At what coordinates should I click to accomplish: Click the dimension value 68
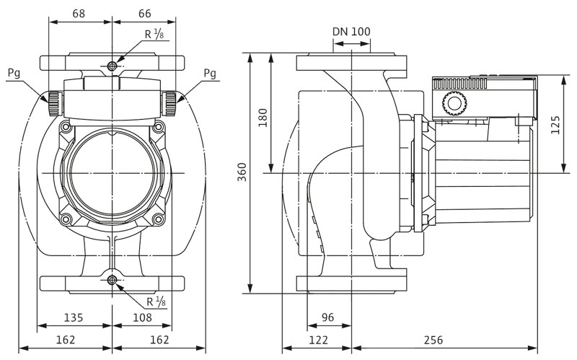click(x=80, y=14)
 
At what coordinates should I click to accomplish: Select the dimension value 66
click(x=144, y=14)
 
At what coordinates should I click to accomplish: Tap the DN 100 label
click(x=351, y=31)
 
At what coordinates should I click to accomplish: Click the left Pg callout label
click(x=13, y=72)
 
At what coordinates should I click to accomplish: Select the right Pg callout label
click(x=210, y=72)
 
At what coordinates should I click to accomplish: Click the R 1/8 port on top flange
click(x=112, y=66)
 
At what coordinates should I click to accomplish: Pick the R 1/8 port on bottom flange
click(x=112, y=280)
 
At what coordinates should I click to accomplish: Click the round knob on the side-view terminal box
click(x=453, y=105)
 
